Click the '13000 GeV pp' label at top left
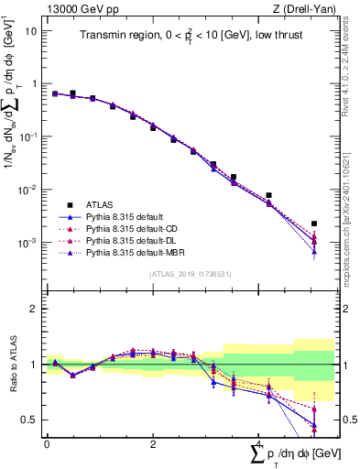click(x=78, y=8)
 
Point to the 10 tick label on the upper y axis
click(x=30, y=30)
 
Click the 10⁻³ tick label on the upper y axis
click(x=27, y=243)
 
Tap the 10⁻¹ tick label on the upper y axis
click(x=27, y=136)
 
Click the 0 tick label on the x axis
click(x=47, y=444)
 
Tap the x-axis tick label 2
click(x=152, y=444)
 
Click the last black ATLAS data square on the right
click(x=314, y=224)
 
